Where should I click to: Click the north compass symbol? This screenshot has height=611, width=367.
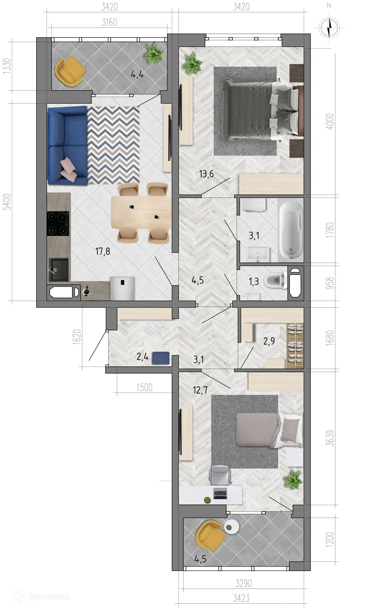point(329,27)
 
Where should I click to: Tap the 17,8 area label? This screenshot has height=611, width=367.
point(102,251)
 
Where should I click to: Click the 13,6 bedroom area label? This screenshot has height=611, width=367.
point(206,174)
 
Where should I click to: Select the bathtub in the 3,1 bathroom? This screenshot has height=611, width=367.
point(291,230)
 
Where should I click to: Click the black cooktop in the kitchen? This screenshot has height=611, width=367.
point(58,223)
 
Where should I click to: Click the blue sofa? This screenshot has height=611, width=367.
point(67,146)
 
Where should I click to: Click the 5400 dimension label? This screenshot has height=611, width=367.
point(7,202)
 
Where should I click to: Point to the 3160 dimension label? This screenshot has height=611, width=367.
point(109,23)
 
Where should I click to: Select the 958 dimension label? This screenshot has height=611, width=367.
point(330,283)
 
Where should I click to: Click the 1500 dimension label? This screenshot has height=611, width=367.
point(144,387)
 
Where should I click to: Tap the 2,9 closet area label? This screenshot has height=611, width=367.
point(269,341)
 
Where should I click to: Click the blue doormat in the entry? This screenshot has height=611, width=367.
point(161,358)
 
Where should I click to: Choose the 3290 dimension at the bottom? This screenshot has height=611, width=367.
point(244,583)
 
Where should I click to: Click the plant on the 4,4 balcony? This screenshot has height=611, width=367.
point(154,54)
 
